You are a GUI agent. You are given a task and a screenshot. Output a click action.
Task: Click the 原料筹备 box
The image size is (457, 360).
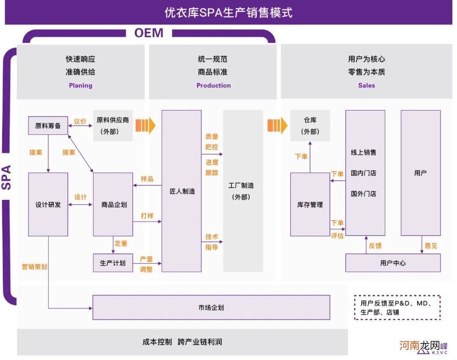click(x=48, y=126)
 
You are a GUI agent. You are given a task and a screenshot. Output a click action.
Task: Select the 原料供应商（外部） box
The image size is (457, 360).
click(x=113, y=126)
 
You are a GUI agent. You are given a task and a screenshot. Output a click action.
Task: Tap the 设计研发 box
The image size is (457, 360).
click(x=48, y=205)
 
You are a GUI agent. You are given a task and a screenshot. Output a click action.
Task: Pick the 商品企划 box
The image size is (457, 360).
click(x=113, y=205)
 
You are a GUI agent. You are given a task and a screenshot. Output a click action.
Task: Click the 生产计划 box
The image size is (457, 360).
click(x=113, y=263)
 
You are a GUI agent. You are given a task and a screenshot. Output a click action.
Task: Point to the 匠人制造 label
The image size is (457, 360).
click(x=182, y=191)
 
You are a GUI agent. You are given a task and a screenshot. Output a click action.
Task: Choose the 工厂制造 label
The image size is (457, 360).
click(x=242, y=186)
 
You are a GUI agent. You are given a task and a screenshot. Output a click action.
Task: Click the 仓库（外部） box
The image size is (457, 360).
click(x=310, y=126)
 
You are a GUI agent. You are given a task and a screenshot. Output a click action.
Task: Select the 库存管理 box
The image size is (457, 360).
click(x=310, y=205)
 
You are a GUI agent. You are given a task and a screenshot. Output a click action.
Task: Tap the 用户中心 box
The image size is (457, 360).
click(x=393, y=263)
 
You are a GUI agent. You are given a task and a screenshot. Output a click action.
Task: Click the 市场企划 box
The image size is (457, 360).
click(x=211, y=307)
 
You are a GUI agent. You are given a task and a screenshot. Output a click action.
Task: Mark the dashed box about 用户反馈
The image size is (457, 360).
click(x=397, y=307)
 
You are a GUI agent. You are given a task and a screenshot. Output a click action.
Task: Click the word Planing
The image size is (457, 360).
click(x=80, y=86)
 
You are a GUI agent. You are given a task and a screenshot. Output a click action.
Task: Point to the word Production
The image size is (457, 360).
click(x=214, y=86)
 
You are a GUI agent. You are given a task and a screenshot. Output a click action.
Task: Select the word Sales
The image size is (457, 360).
click(x=366, y=86)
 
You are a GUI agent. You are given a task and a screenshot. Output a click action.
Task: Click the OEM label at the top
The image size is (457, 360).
click(x=149, y=33)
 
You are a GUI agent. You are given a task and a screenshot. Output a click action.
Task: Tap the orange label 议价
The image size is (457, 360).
click(x=80, y=122)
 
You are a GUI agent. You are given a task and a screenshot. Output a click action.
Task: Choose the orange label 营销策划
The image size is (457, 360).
click(x=34, y=267)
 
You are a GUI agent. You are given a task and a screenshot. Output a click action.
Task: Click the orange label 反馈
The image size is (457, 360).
click(x=375, y=246)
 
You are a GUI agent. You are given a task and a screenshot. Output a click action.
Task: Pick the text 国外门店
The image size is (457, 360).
click(x=363, y=194)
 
